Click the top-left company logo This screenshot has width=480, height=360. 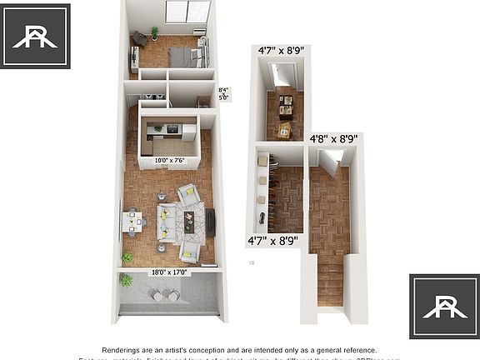click(35, 35)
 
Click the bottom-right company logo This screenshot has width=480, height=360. click(444, 306)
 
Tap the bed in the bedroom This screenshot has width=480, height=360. click(184, 56)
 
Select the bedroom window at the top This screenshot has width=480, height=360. click(187, 11)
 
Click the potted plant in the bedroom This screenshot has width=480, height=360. click(154, 33)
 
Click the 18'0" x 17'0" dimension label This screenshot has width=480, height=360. click(169, 272)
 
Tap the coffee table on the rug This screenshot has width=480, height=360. click(188, 221)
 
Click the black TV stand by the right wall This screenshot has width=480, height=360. click(211, 221)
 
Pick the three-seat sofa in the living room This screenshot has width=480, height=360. click(166, 221)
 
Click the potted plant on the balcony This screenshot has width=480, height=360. click(127, 281)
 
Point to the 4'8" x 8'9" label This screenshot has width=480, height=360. click(333, 138)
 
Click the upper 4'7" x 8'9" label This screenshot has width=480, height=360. click(281, 50)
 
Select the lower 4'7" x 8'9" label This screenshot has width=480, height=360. click(273, 241)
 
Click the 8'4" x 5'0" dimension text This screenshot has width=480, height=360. click(223, 93)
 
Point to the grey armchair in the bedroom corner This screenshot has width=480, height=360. click(140, 38)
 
